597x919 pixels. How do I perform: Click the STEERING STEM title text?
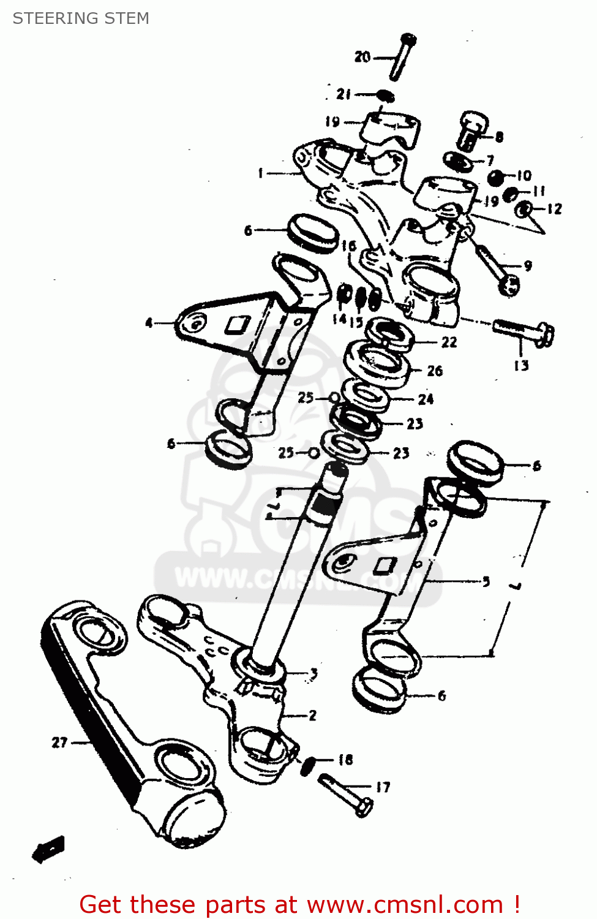tap(81, 18)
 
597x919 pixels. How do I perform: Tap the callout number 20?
tap(362, 57)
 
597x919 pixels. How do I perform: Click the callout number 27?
tap(59, 743)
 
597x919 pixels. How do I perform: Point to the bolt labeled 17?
tap(347, 795)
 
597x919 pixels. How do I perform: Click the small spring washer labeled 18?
tap(308, 764)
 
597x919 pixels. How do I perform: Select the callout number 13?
tap(520, 366)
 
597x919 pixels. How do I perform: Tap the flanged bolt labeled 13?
tap(524, 331)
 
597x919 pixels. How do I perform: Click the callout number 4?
tap(149, 322)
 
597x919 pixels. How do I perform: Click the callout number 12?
tap(554, 209)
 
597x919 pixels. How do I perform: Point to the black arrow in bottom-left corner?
tap(48, 849)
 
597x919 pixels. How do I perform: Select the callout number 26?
tap(435, 371)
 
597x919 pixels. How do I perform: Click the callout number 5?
tap(486, 581)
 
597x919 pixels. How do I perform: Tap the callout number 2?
tap(312, 715)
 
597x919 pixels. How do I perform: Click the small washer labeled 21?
tap(385, 96)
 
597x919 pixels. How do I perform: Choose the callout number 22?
tap(449, 342)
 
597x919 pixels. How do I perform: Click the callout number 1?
tap(260, 173)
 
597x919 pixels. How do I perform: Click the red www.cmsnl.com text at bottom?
tap(404, 905)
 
